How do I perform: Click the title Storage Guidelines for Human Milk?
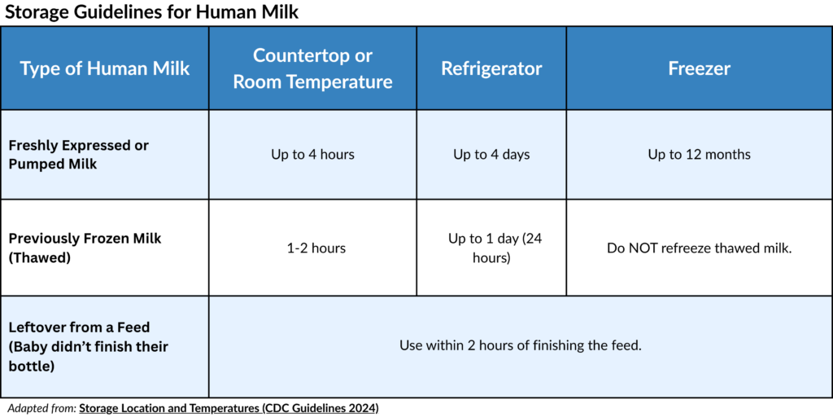[x=151, y=11]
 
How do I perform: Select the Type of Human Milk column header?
[x=105, y=68]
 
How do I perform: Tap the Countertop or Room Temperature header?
[x=313, y=68]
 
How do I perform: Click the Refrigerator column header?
[x=491, y=68]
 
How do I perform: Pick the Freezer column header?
[x=699, y=68]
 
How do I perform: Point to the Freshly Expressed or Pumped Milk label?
[x=79, y=155]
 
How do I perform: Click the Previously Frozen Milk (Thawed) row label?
[x=85, y=248]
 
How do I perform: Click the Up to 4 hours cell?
[x=312, y=155]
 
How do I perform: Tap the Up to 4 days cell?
[x=491, y=155]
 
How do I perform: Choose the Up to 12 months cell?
[x=699, y=155]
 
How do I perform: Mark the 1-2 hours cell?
[x=316, y=248]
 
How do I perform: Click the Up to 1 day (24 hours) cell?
[x=494, y=248]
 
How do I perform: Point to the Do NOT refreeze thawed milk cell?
[x=699, y=248]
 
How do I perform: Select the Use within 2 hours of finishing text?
[x=521, y=345]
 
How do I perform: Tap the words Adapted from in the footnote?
[x=42, y=409]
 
